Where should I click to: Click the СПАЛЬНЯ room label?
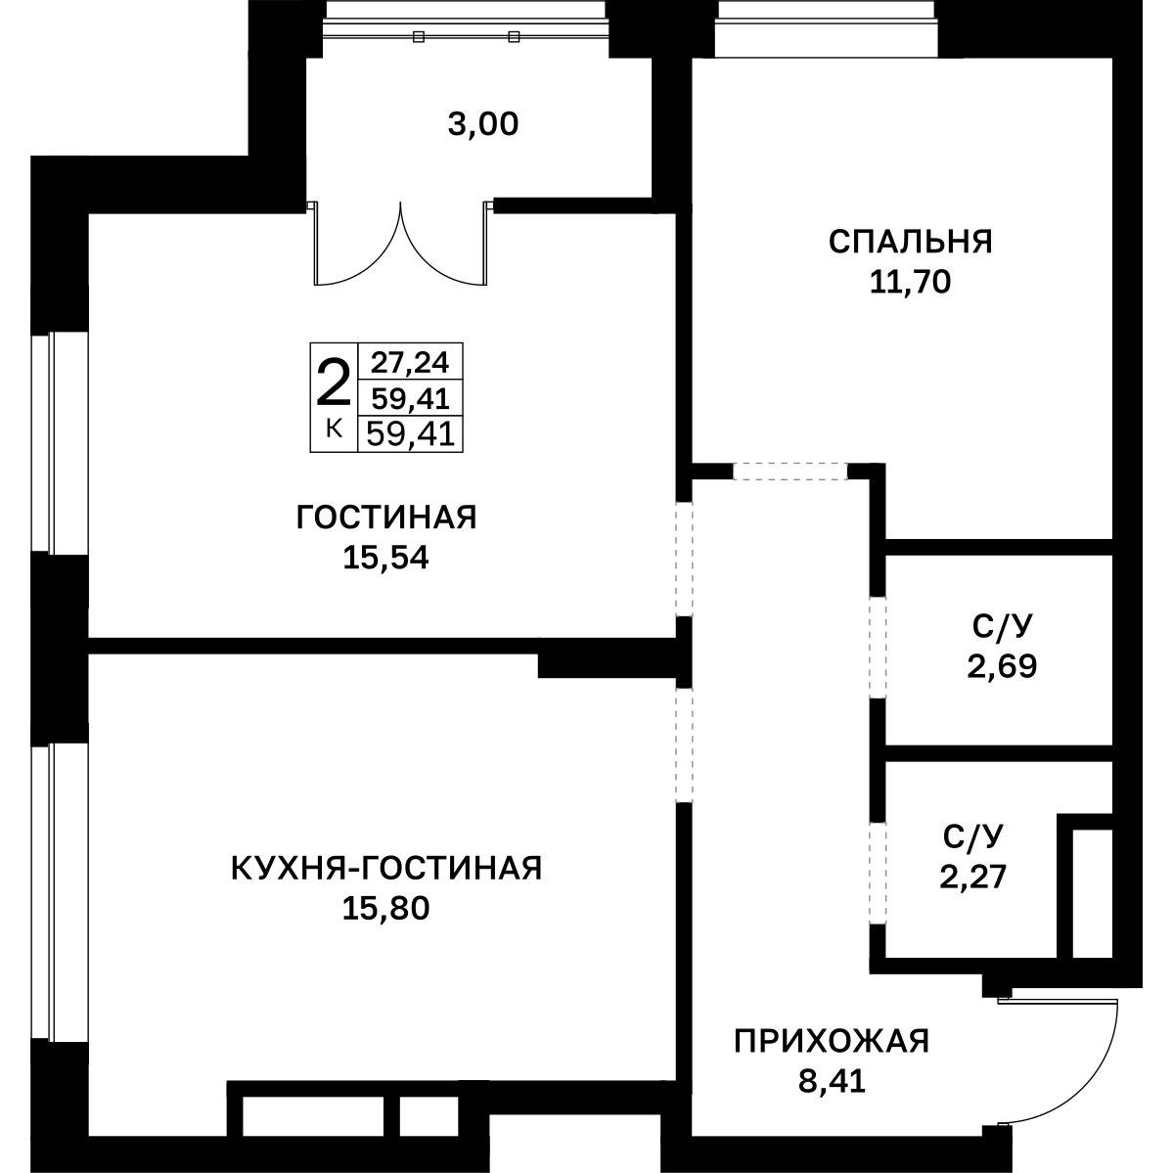911,242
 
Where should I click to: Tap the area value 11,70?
910,282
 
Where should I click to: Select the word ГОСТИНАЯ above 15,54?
386,517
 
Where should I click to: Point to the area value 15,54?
386,558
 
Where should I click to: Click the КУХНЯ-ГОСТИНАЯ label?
386,869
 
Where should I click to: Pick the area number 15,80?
386,909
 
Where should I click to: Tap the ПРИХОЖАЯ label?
832,1041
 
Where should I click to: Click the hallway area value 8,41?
832,1082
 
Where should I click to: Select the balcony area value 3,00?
483,124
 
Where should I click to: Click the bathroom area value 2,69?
1002,666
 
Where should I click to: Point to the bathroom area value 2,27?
973,876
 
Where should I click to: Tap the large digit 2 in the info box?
334,383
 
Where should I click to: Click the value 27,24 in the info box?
411,363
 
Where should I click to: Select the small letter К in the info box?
335,429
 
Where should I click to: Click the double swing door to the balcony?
401,244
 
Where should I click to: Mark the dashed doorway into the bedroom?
790,472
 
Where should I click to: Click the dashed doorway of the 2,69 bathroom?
877,648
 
